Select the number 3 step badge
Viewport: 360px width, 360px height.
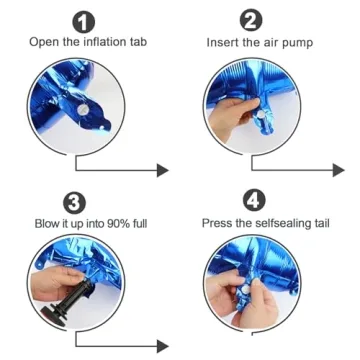coord(75,204)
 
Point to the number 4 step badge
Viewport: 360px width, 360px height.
coord(255,202)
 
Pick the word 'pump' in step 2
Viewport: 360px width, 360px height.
coord(298,43)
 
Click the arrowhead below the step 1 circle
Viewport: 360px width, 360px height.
coord(163,170)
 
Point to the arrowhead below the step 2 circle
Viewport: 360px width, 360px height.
coord(338,170)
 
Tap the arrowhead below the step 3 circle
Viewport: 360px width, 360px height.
coord(163,346)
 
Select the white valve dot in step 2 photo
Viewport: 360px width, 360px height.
coord(261,115)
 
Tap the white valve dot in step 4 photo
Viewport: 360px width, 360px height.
coord(246,290)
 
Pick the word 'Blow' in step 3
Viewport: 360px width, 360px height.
coord(46,223)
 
